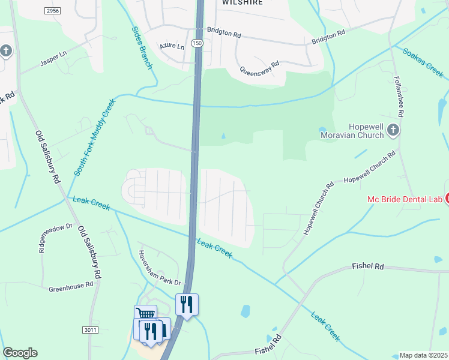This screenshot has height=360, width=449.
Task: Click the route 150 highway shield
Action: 197,44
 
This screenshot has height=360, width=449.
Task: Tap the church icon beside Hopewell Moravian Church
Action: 393,130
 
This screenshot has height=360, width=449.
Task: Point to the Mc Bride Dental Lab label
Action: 405,199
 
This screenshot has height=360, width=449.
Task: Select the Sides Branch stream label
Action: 141,47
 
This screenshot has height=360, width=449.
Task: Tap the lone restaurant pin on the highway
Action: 187,305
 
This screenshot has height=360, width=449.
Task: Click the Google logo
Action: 20,353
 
